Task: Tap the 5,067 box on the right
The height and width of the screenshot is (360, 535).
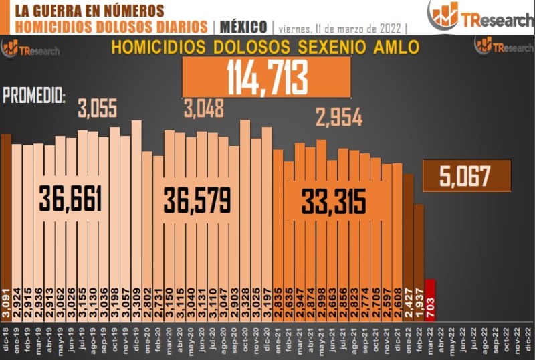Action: (x=466, y=176)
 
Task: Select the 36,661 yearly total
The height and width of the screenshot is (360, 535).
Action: (x=70, y=199)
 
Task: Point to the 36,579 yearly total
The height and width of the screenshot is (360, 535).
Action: (x=197, y=199)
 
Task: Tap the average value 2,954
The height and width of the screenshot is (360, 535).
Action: (x=339, y=118)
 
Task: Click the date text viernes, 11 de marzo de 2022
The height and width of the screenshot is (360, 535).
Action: (x=342, y=28)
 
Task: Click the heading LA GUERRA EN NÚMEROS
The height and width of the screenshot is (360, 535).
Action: (x=88, y=11)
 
